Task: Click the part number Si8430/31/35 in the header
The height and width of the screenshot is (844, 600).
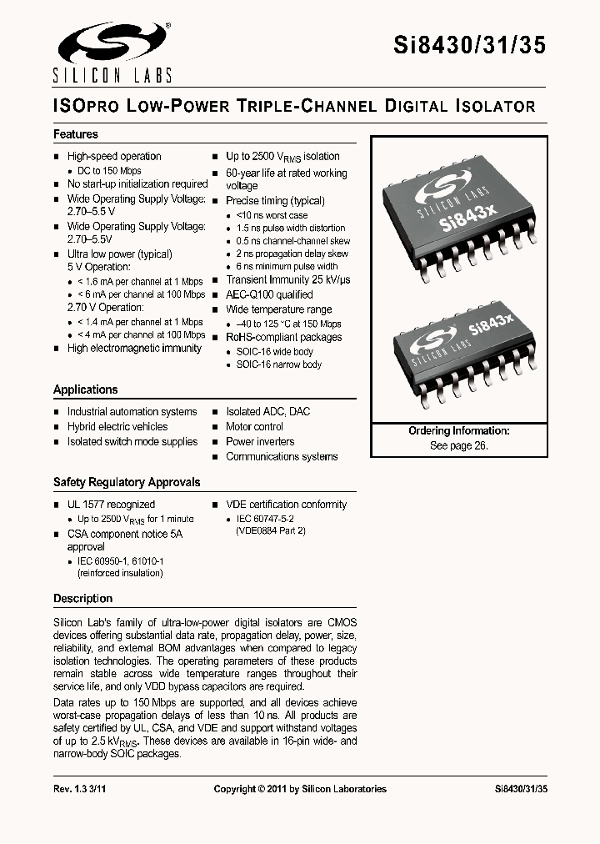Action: click(x=469, y=46)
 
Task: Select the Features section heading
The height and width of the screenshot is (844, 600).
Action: click(x=76, y=134)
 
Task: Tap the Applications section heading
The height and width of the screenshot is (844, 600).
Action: click(x=86, y=389)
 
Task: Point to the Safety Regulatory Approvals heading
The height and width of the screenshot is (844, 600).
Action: click(x=127, y=482)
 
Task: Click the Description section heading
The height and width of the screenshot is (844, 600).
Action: click(x=82, y=598)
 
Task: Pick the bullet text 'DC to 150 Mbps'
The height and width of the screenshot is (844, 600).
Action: click(x=109, y=170)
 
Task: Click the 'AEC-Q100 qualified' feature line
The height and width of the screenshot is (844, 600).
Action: click(x=269, y=294)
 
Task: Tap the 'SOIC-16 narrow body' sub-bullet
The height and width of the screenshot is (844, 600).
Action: click(x=278, y=364)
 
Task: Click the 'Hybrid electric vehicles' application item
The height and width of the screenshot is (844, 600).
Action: click(x=117, y=426)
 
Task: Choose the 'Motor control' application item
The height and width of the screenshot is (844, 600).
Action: click(x=254, y=426)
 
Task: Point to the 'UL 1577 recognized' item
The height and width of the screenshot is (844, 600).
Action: click(x=111, y=504)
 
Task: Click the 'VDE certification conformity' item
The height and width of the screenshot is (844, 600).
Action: click(x=286, y=504)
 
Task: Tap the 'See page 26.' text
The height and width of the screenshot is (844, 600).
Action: click(x=458, y=445)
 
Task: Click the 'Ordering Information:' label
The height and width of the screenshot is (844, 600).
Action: click(x=458, y=431)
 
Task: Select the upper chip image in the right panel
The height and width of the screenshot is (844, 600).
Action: click(x=458, y=219)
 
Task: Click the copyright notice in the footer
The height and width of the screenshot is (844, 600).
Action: click(x=300, y=789)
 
